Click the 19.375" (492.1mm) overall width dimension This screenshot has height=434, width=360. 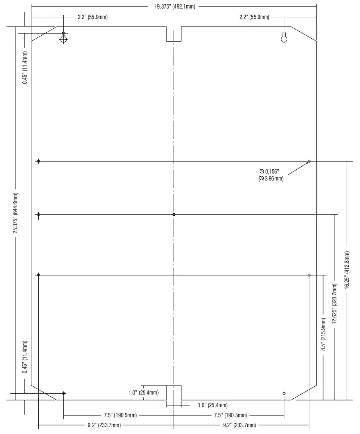point(174,6)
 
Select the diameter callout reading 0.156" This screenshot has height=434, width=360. point(269,171)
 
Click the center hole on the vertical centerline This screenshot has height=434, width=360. point(174,214)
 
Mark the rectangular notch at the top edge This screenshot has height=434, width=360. point(174,34)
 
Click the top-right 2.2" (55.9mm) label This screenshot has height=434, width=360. point(254,17)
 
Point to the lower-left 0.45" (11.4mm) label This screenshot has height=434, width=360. point(25,357)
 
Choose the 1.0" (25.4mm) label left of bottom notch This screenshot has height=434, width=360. point(144,392)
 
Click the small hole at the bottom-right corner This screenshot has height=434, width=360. point(284,393)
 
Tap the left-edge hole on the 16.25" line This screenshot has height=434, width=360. point(39,161)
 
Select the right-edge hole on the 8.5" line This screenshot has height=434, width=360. point(309,275)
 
